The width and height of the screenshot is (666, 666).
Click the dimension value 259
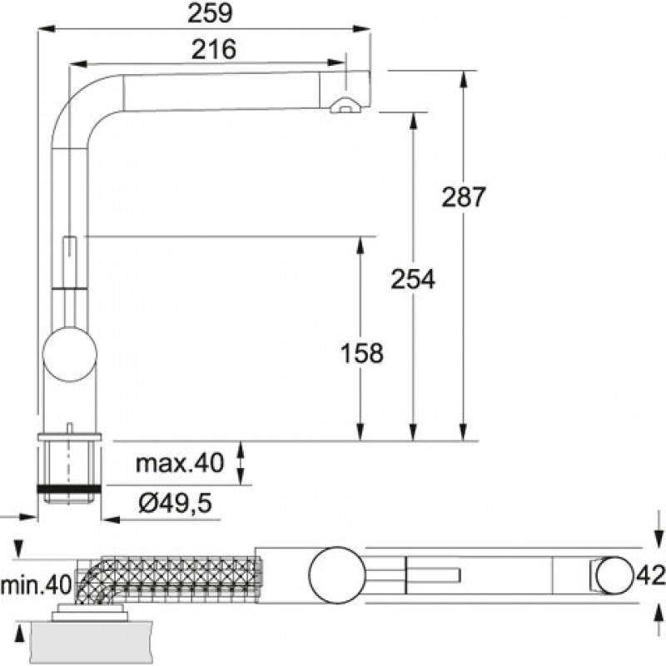[210, 13]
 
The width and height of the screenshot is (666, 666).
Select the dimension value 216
[214, 49]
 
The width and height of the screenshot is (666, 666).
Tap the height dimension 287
[463, 197]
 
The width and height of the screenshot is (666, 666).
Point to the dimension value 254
[413, 279]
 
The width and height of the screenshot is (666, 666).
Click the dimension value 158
[362, 353]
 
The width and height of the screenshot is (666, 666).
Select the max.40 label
[179, 463]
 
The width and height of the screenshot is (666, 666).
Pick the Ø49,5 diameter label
[175, 504]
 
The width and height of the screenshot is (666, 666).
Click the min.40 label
[36, 585]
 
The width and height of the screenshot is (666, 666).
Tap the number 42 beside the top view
[651, 576]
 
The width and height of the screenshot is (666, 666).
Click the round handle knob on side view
[70, 355]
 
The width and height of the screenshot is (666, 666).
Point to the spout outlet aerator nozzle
[345, 106]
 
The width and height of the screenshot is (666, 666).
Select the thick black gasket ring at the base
[69, 489]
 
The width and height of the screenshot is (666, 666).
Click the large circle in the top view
[337, 574]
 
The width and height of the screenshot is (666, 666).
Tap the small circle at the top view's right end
[614, 575]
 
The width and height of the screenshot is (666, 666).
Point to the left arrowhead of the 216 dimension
[78, 65]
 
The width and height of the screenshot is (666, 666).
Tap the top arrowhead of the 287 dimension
[464, 79]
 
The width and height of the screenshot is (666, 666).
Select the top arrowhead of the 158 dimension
[360, 246]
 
